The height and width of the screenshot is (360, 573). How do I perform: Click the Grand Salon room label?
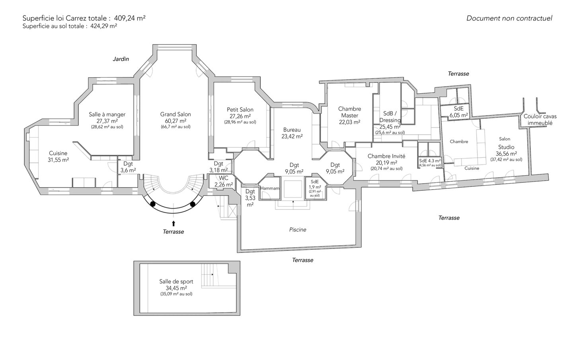175,114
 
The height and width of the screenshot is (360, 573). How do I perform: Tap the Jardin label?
121,59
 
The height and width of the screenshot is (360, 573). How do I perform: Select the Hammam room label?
270,188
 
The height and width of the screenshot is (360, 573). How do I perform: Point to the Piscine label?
298,230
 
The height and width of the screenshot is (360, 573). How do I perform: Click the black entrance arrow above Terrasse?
173,223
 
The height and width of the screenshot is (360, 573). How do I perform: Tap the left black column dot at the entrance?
153,204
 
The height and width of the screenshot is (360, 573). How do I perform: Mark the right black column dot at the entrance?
193,204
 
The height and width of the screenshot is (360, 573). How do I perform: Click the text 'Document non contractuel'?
509,18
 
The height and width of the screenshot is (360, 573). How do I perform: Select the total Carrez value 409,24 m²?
130,18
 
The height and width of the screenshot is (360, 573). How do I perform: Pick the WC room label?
223,178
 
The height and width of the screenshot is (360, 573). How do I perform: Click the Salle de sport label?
176,282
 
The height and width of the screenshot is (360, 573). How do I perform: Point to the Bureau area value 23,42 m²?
292,137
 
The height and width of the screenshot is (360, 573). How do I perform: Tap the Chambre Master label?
350,112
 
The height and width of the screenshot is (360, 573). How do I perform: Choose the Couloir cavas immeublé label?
540,119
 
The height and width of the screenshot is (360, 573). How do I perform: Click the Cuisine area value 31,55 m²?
58,160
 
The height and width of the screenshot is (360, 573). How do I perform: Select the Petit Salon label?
240,110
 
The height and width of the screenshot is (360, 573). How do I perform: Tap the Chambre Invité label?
386,156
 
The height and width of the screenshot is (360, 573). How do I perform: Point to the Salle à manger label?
107,114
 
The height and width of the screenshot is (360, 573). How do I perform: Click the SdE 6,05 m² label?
459,112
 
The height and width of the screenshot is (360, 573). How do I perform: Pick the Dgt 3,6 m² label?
128,167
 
